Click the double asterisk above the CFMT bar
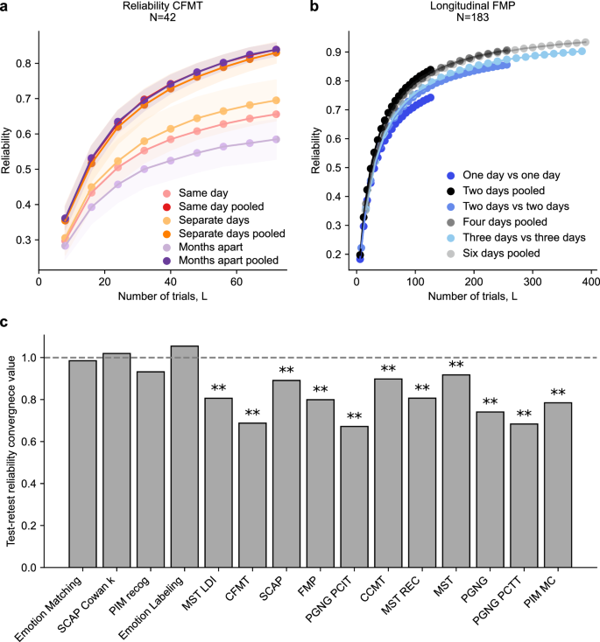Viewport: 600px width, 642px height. (x=252, y=413)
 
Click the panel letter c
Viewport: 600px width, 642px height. (x=6, y=323)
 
